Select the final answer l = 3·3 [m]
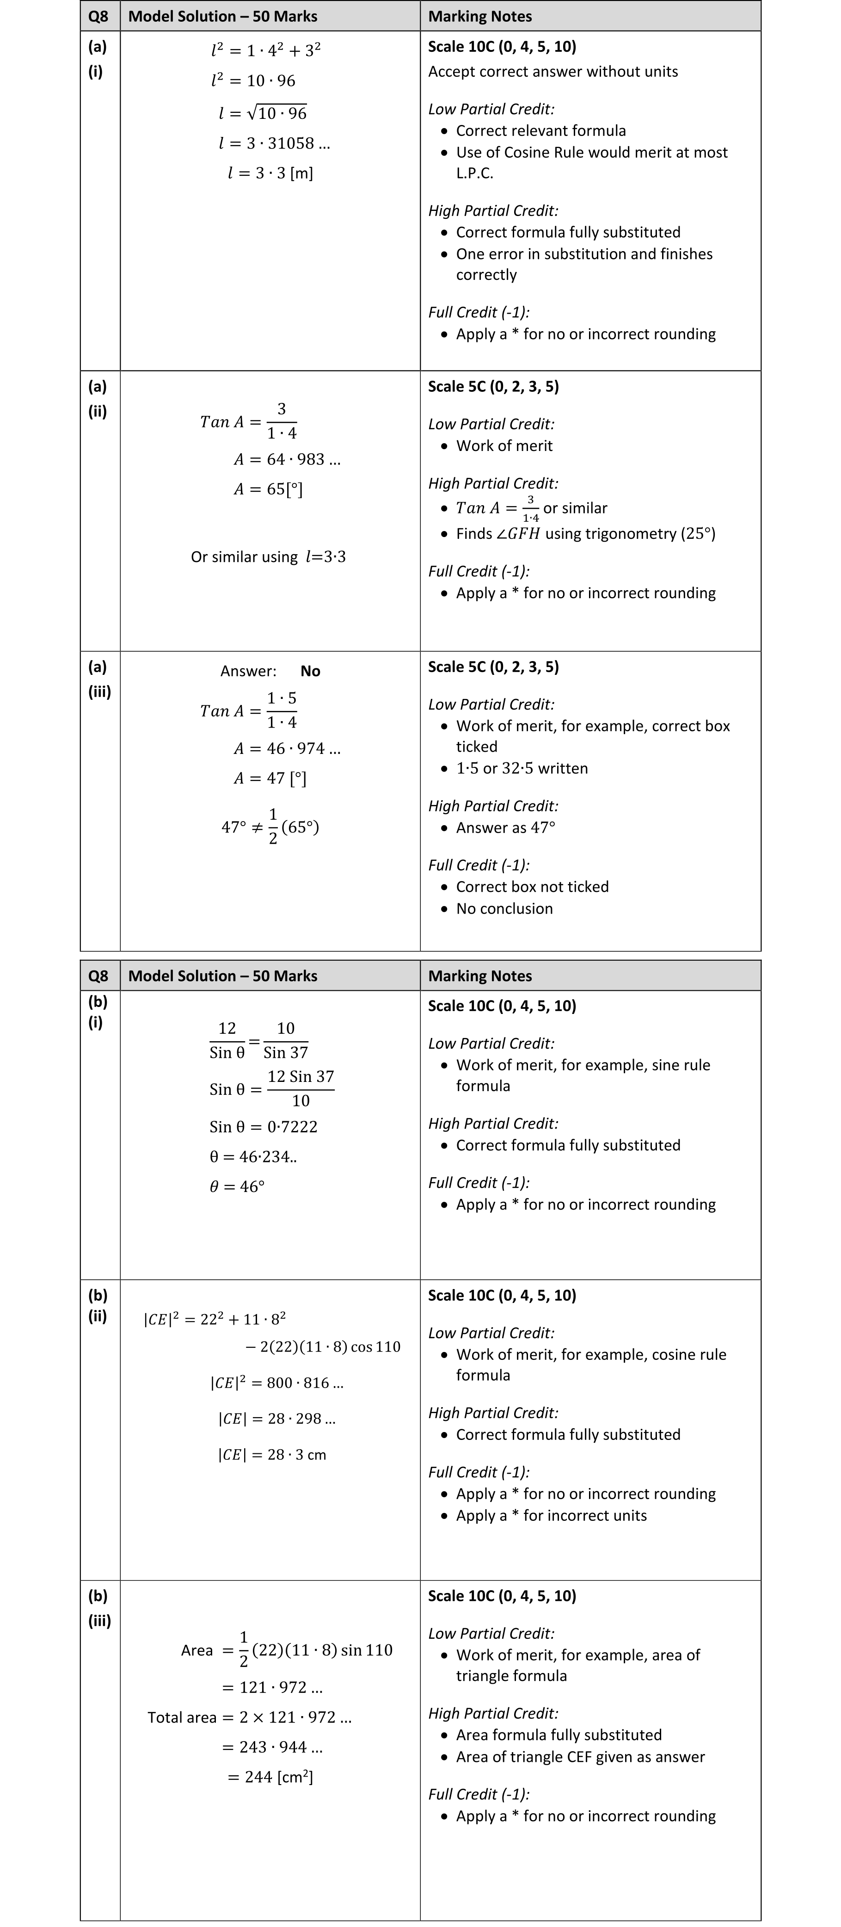pyautogui.click(x=270, y=173)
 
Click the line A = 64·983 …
pyautogui.click(x=286, y=459)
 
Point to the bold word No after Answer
pyautogui.click(x=310, y=671)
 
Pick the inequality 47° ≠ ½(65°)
pyautogui.click(x=270, y=827)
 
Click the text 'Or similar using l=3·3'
pyautogui.click(x=268, y=556)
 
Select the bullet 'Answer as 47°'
pyautogui.click(x=505, y=828)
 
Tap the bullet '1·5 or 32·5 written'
pyautogui.click(x=522, y=768)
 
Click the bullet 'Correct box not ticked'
pyautogui.click(x=532, y=886)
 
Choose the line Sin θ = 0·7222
pyautogui.click(x=263, y=1127)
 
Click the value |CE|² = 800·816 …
pyautogui.click(x=276, y=1383)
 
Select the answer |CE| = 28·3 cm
pyautogui.click(x=272, y=1454)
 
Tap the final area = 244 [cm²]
pyautogui.click(x=270, y=1777)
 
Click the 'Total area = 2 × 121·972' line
pyautogui.click(x=250, y=1717)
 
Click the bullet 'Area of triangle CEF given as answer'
pyautogui.click(x=580, y=1756)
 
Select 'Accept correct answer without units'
pyautogui.click(x=553, y=72)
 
